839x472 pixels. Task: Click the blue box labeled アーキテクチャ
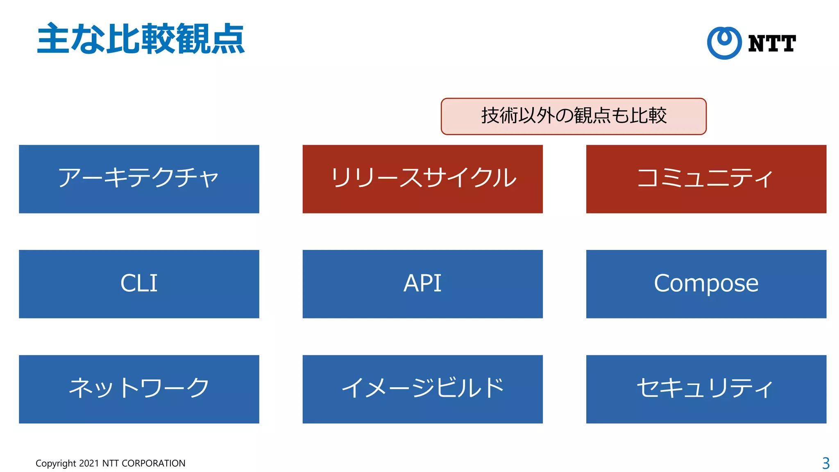(x=139, y=179)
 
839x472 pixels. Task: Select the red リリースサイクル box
(x=422, y=179)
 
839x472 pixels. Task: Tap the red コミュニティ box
(x=706, y=179)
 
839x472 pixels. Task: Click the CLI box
(x=139, y=284)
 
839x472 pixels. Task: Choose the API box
(x=422, y=284)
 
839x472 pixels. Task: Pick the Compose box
(x=706, y=284)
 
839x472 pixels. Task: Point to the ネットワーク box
(x=139, y=389)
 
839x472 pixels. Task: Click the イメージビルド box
(x=422, y=389)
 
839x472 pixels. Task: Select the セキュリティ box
(x=706, y=389)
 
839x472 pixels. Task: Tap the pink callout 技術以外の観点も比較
(x=574, y=116)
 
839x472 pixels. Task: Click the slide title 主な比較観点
(x=141, y=39)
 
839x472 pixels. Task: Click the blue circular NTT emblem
(x=724, y=43)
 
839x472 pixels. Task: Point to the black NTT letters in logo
(x=772, y=43)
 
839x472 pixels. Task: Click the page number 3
(x=825, y=463)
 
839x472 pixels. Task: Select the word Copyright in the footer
(x=56, y=463)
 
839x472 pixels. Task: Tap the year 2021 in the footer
(x=89, y=463)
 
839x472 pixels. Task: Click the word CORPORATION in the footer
(x=154, y=463)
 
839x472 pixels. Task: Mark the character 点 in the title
(x=227, y=39)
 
